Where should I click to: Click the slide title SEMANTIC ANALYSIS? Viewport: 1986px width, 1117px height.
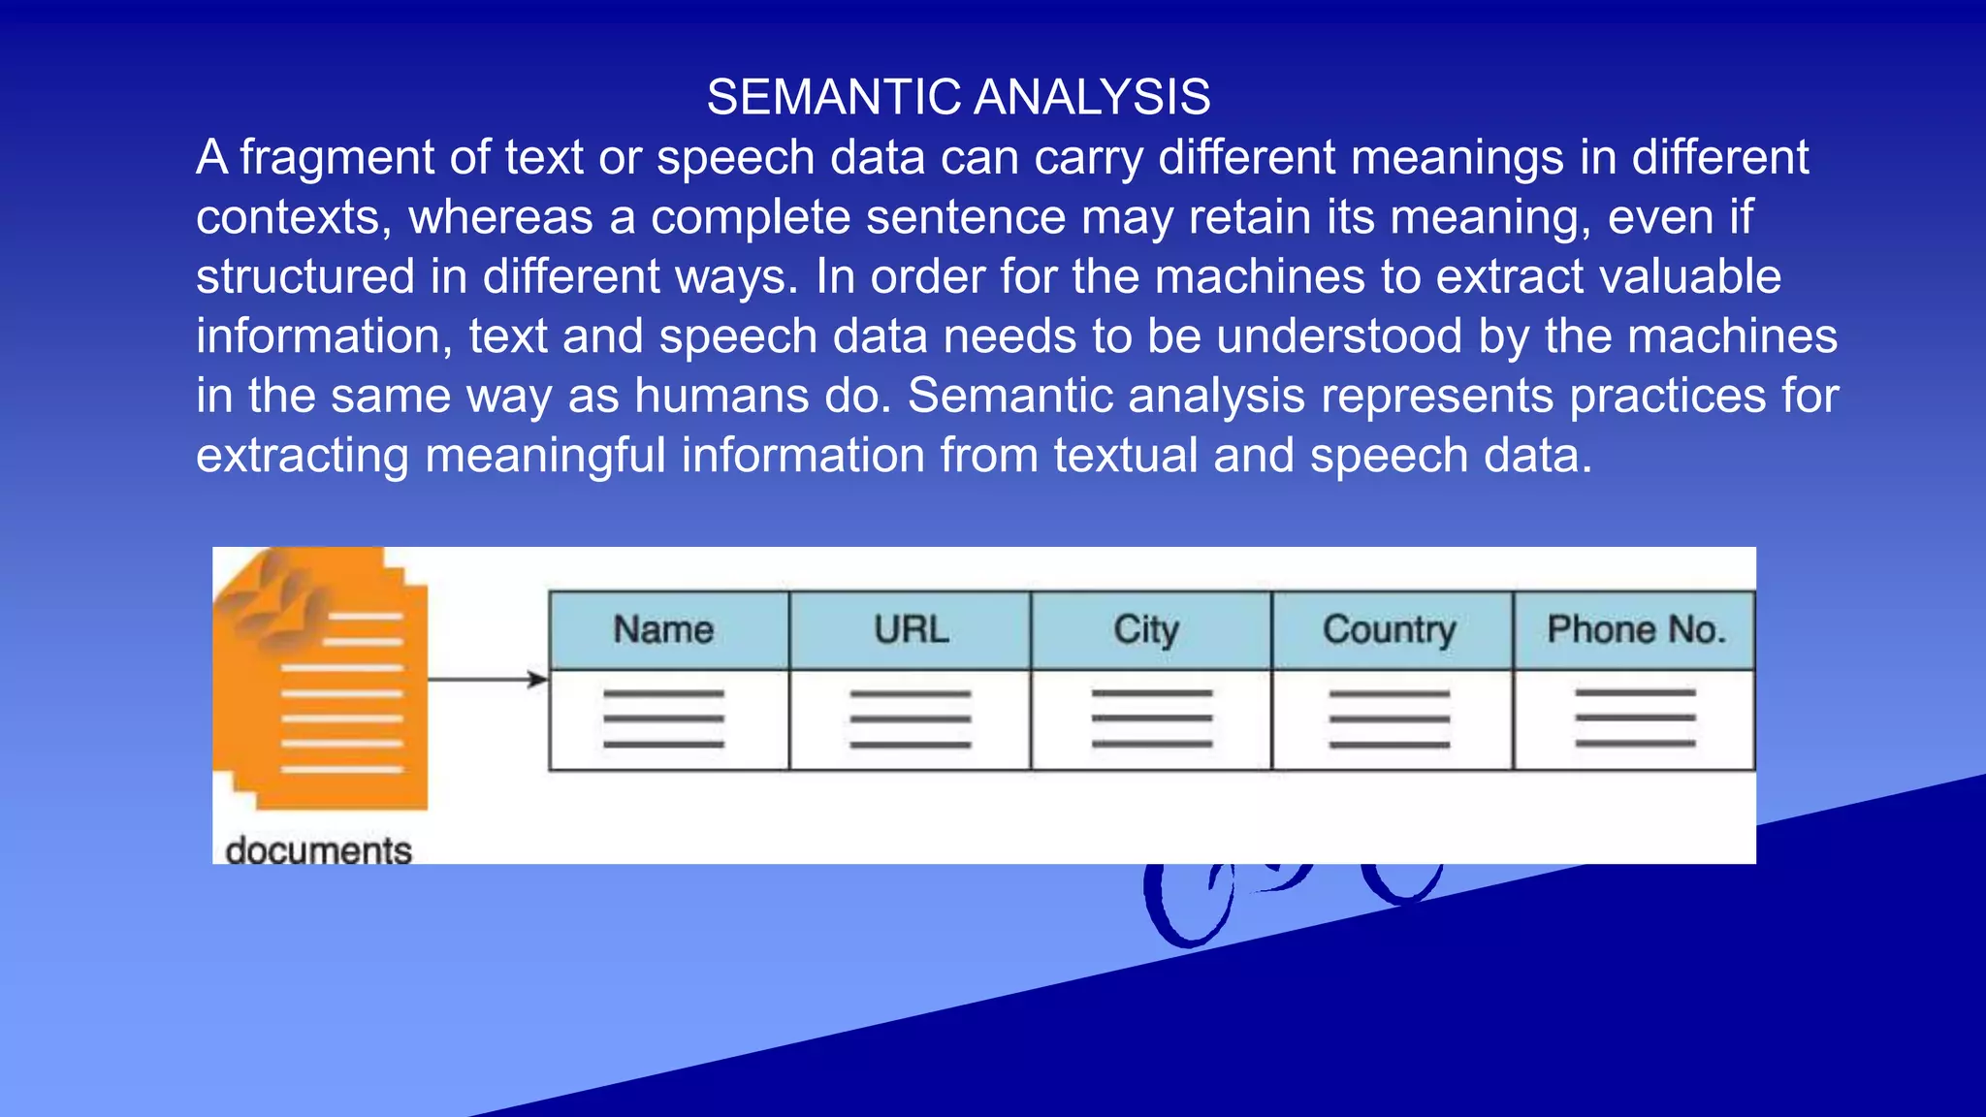[958, 97]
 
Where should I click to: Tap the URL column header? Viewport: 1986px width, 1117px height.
[910, 630]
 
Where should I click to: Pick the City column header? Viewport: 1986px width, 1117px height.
[1150, 630]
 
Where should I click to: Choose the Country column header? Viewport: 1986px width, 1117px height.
[1392, 630]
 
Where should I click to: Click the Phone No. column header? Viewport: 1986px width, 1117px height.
[1634, 630]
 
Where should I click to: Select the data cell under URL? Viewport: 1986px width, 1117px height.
[910, 719]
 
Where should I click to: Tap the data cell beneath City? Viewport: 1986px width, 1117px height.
[1150, 719]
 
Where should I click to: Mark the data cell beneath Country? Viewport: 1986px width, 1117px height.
[1392, 719]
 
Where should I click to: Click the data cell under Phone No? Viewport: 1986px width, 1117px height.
[1634, 719]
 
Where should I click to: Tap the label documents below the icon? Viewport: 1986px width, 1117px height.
[318, 850]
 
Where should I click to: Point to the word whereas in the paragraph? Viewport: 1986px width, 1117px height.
[500, 217]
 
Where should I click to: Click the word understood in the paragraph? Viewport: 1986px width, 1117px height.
[1339, 336]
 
